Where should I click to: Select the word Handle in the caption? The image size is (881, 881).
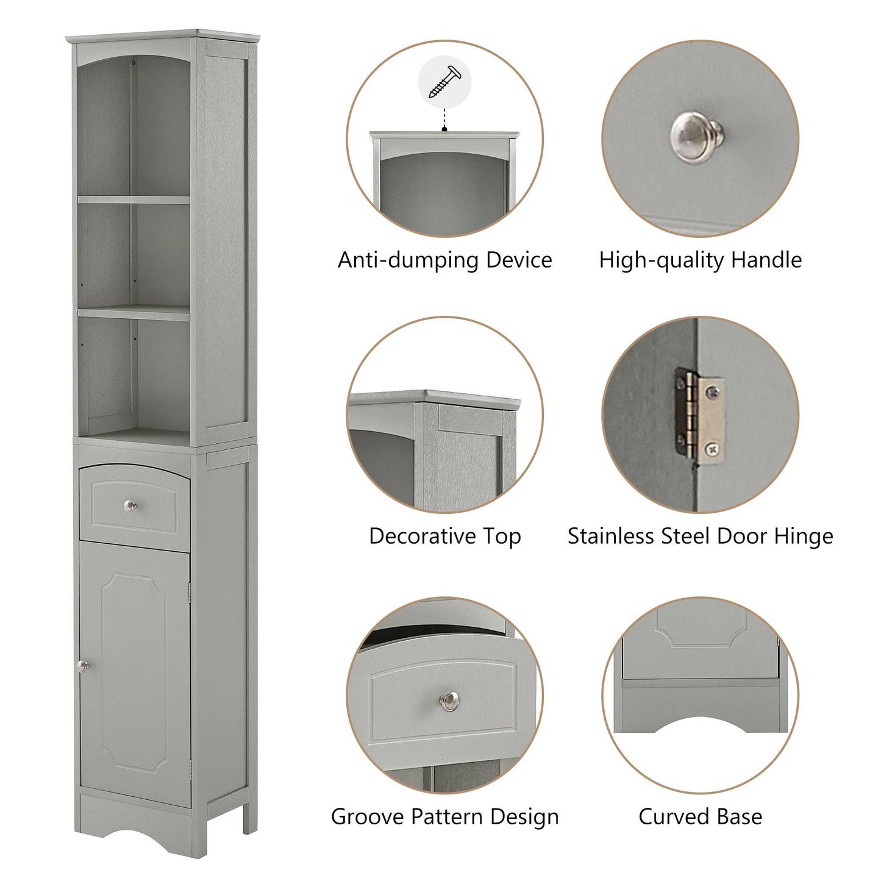(766, 260)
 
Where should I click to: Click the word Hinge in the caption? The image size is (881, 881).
(803, 536)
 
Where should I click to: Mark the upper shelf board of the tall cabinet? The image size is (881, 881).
(134, 199)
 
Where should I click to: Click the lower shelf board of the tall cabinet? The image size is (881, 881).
(134, 313)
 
